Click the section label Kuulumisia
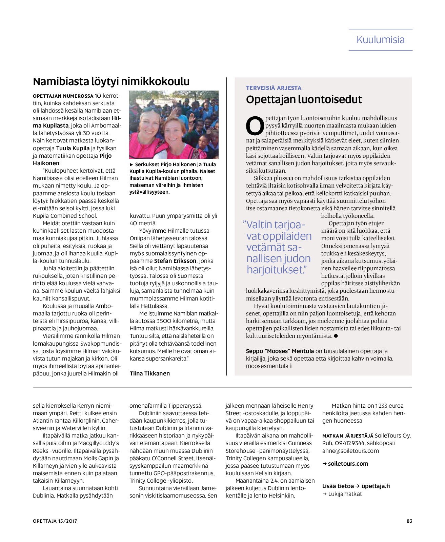pyautogui.click(x=380, y=40)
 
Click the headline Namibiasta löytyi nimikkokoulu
pyautogui.click(x=111, y=81)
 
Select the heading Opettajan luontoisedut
pyautogui.click(x=304, y=99)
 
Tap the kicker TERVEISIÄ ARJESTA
pyautogui.click(x=274, y=88)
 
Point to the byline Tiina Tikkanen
pyautogui.click(x=150, y=373)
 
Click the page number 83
pyautogui.click(x=409, y=521)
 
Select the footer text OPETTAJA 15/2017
pyautogui.click(x=55, y=521)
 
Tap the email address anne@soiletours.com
pyautogui.click(x=350, y=451)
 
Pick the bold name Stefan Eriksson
pyautogui.click(x=175, y=261)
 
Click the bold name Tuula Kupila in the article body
pyautogui.click(x=73, y=148)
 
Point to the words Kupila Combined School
pyautogui.click(x=65, y=216)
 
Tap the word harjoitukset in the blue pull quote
pyautogui.click(x=276, y=270)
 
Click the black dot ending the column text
pyautogui.click(x=336, y=336)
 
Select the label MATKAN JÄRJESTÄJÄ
pyautogui.click(x=348, y=436)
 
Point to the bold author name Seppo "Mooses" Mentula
pyautogui.click(x=280, y=351)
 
